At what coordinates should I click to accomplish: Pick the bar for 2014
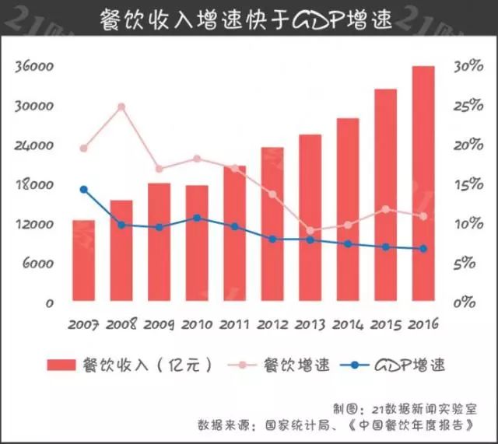coord(348,210)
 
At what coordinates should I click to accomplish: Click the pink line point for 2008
coord(121,107)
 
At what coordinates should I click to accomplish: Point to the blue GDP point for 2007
coord(84,189)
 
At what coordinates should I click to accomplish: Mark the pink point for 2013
coord(310,231)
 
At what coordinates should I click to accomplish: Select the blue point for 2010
coord(197,218)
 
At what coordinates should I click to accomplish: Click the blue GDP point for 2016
coord(423,249)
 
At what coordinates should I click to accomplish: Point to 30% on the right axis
coord(470,67)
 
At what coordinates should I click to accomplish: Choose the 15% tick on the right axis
coord(470,185)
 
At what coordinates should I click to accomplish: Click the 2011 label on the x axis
coord(234,323)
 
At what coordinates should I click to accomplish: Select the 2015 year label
coord(385,323)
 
